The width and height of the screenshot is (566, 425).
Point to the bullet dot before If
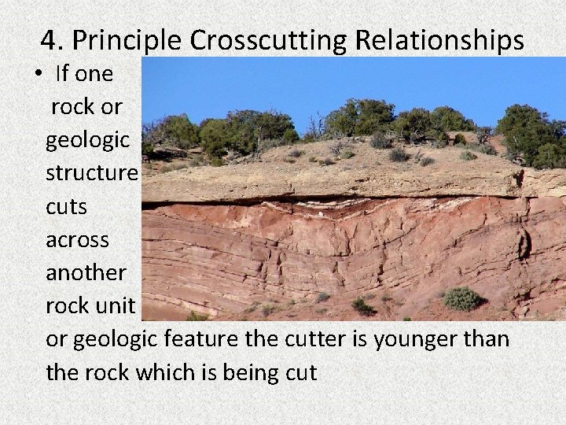pos(38,75)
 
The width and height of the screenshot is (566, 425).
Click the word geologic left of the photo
pos(87,141)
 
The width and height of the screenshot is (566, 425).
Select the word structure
pos(92,173)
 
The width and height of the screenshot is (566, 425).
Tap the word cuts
pos(66,206)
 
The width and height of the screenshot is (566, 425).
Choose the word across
pos(77,239)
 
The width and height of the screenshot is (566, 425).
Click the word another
pos(86,272)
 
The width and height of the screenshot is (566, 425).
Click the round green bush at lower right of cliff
pos(462,298)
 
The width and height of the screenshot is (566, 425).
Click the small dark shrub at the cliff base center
pos(363,306)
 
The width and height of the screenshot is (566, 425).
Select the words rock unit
pos(90,305)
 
